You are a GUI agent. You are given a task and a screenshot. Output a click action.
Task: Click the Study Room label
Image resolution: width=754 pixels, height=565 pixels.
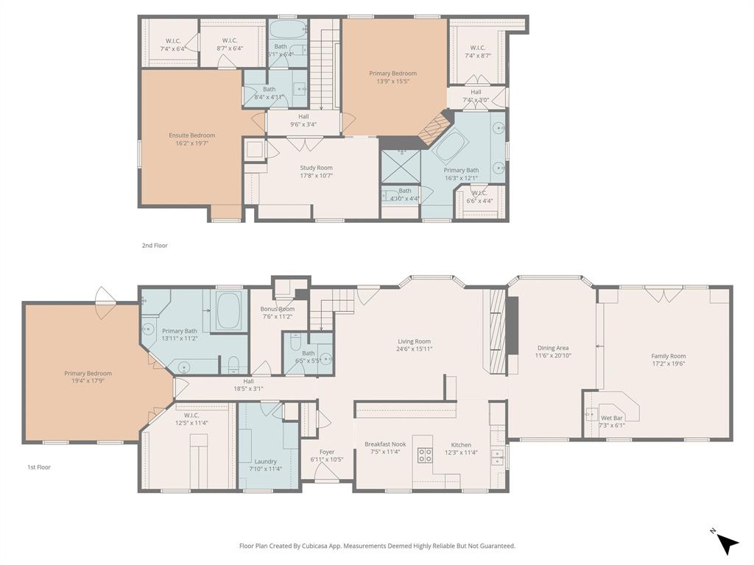316,168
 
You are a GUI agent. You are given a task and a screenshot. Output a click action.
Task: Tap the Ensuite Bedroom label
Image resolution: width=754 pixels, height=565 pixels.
191,135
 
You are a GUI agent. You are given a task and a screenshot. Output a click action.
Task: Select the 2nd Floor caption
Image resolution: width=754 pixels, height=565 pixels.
155,246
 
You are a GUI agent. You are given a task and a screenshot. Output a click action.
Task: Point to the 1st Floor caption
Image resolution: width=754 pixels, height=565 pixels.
39,467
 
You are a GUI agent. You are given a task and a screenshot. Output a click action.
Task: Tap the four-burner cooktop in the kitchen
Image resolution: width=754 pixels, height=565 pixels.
425,455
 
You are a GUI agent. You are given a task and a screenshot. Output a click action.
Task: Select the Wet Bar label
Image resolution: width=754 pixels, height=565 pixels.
611,418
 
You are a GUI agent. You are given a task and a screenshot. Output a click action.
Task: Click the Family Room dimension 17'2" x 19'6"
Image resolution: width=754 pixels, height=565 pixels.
668,363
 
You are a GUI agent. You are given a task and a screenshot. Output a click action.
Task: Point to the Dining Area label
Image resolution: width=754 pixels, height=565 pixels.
553,348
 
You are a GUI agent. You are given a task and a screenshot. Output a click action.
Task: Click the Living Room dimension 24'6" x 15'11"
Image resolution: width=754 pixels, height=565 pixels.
414,349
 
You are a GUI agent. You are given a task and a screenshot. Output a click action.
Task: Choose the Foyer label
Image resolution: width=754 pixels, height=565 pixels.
327,452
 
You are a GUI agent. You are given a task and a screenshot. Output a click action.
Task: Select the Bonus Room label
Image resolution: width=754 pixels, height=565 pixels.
278,309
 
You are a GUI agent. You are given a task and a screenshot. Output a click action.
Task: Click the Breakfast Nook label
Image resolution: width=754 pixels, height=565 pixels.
385,444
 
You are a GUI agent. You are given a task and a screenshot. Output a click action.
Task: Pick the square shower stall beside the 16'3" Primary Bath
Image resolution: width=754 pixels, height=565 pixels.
400,166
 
